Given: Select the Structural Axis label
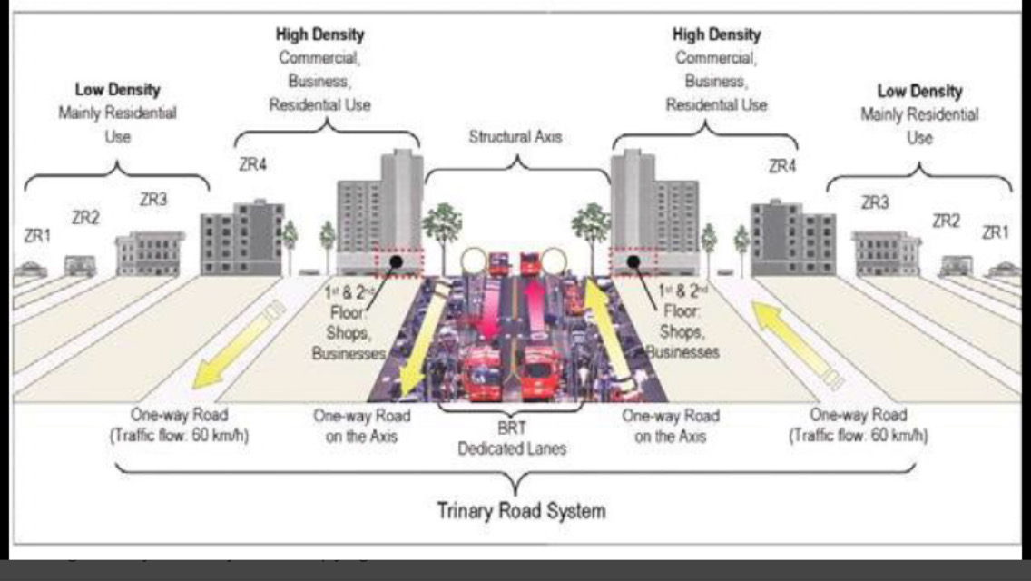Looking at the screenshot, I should [515, 137].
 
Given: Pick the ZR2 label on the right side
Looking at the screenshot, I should [948, 220].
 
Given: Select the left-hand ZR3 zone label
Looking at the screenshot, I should [153, 200].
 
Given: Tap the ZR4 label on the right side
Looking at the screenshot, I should [782, 166].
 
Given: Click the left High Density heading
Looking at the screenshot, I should [319, 34].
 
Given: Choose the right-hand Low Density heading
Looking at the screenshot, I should [919, 91].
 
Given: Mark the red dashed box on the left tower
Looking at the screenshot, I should [399, 261].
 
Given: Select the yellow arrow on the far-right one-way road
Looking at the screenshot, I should [798, 340].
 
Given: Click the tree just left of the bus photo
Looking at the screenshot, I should [443, 227].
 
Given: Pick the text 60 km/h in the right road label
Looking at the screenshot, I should [902, 435].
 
